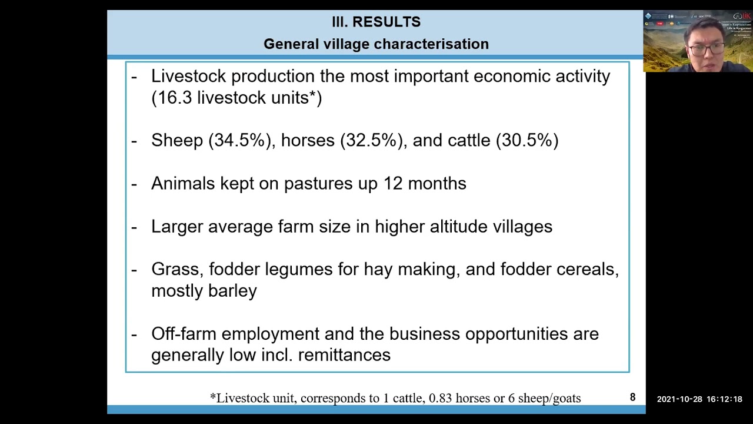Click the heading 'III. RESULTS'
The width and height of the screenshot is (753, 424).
(x=376, y=22)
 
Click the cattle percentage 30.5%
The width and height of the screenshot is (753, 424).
(x=527, y=140)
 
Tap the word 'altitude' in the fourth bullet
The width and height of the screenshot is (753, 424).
(x=458, y=227)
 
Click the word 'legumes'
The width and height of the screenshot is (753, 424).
(x=298, y=270)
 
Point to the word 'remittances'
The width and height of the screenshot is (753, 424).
(x=344, y=355)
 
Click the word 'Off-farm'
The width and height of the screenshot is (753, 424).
(x=184, y=334)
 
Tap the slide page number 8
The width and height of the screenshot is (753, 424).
(x=632, y=397)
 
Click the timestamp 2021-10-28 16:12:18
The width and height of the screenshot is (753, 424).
(x=699, y=399)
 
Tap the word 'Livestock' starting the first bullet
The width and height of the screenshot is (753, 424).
(x=188, y=77)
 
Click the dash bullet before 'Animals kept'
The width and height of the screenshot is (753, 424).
(x=134, y=184)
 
